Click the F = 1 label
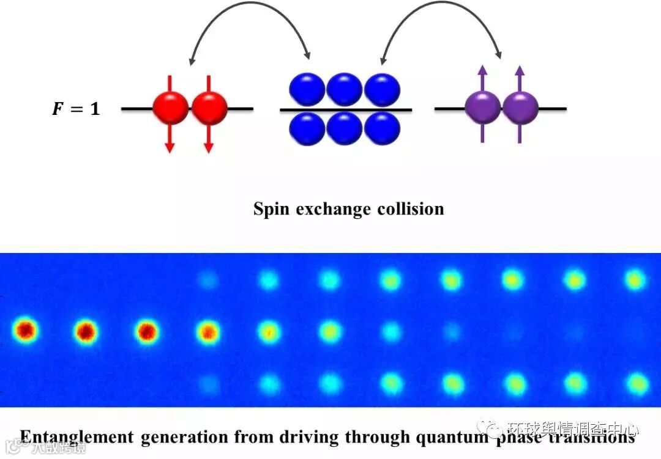pyautogui.click(x=74, y=110)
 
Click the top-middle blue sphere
pyautogui.click(x=345, y=89)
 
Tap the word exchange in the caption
pyautogui.click(x=331, y=210)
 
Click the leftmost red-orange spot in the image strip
pyautogui.click(x=25, y=331)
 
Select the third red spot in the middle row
pyautogui.click(x=147, y=331)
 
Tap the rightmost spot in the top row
pyautogui.click(x=636, y=279)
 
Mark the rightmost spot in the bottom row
pyautogui.click(x=637, y=384)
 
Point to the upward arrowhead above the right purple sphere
pyautogui.click(x=520, y=70)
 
